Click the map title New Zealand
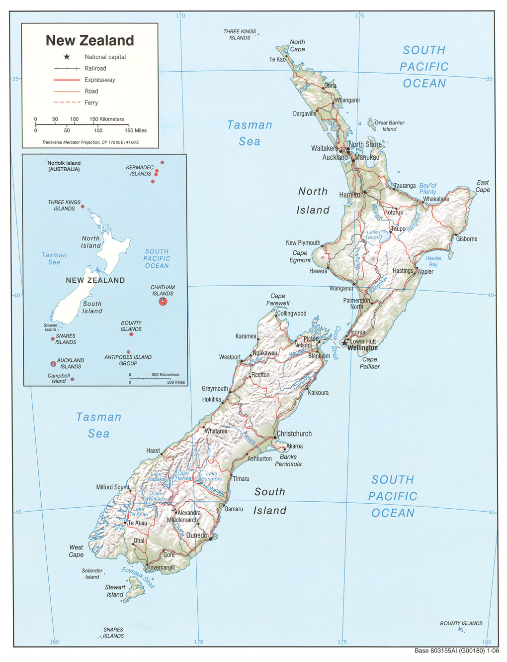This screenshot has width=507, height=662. point(90,40)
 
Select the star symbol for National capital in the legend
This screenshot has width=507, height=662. point(67,57)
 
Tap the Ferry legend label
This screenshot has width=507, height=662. point(91,103)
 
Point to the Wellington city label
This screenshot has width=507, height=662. point(362,348)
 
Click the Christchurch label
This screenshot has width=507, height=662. point(294,434)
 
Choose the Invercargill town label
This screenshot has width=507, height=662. point(162,567)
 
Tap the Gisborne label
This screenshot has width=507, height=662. point(466,239)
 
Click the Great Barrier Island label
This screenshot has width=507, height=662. point(389,125)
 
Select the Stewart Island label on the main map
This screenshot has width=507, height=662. point(115,591)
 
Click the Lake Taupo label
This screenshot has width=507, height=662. point(372,234)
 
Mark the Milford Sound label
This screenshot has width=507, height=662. point(112,487)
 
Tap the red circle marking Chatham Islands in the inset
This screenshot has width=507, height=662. point(163,302)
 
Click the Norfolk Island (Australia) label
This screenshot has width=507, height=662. point(64,166)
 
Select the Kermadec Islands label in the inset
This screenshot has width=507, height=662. point(140,171)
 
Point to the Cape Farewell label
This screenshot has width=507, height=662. point(278,300)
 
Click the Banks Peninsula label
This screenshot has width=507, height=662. point(288,460)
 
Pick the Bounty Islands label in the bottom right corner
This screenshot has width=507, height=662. point(461,623)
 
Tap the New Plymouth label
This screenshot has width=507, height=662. point(303,243)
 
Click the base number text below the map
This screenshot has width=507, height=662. point(456,651)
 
